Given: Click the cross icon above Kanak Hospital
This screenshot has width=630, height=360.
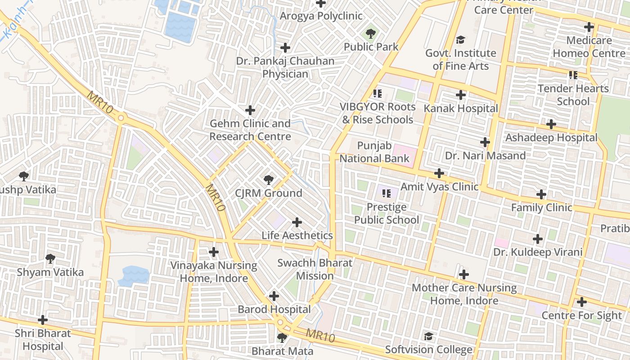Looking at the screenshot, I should pos(460,95).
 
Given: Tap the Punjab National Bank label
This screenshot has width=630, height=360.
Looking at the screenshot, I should pos(374,152).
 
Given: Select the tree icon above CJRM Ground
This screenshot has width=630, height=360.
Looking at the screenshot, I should pos(268,180).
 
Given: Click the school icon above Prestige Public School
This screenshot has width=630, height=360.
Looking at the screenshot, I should pos(386,193).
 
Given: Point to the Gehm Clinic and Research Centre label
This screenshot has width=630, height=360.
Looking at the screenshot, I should pos(250,130).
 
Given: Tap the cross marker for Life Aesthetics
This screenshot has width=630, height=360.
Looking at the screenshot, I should pos(297,222).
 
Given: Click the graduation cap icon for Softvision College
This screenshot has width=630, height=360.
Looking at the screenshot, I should pos(429,336).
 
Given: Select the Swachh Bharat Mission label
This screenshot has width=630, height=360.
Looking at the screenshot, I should pos(315,269).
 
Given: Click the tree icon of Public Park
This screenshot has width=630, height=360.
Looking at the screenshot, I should pos(371,33).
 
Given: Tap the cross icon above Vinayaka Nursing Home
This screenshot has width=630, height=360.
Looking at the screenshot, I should pos(214,252).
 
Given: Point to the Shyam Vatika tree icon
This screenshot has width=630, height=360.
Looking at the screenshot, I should pos(50,259).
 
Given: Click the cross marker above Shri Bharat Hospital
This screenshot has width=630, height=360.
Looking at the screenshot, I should pos(43,320).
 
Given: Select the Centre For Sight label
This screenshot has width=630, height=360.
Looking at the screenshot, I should pos(581,315).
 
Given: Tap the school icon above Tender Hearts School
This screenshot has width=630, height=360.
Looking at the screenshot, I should pos(573,75).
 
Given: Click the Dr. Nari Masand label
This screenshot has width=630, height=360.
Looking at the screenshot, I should pos(485,156).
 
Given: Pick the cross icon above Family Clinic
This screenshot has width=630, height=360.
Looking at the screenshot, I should pos(541,194).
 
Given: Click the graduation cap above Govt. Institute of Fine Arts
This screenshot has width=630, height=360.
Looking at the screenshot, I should pos(460,40).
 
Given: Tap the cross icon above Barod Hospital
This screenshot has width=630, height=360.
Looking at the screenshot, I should pos(274,296).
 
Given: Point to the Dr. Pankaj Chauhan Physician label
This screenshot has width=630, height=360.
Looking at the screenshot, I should pos(285,67).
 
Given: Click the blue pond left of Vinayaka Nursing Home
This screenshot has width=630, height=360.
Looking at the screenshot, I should pos(133,275).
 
